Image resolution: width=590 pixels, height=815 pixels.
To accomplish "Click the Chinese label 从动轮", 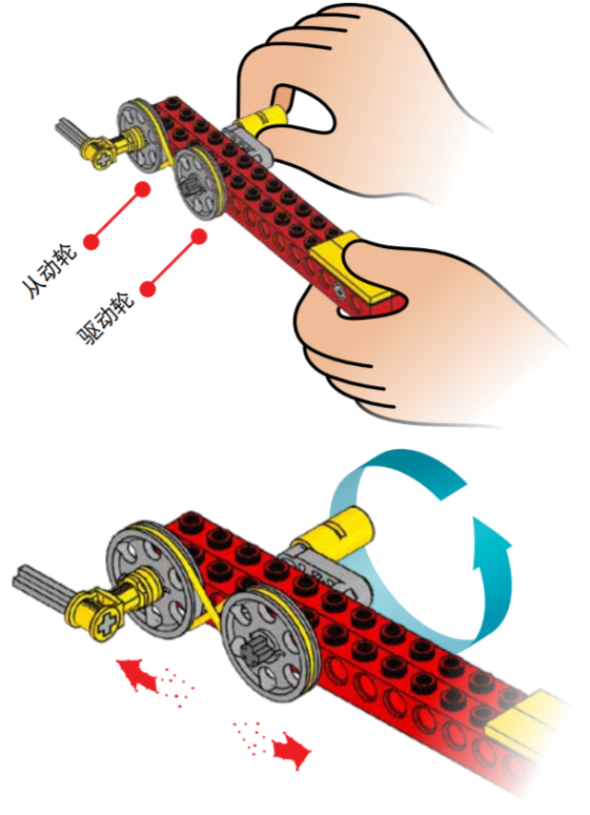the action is (50, 271).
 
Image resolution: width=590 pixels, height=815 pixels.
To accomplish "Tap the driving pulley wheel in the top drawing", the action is (200, 182).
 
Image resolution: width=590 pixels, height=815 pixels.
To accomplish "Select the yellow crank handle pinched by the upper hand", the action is (263, 120).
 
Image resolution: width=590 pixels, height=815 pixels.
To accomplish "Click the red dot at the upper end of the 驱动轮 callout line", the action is (198, 237).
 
